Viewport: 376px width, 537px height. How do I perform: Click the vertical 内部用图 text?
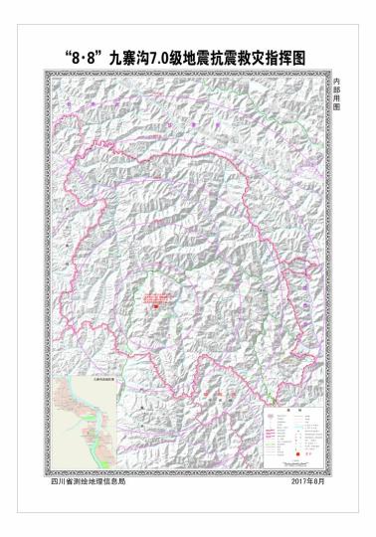coord(336,97)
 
